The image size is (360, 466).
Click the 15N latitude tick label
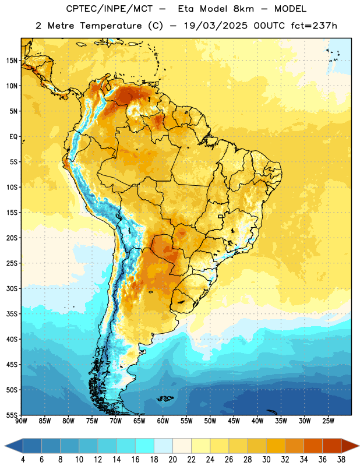12,61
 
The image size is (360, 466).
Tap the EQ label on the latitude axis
13,137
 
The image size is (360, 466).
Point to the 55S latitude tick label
12,415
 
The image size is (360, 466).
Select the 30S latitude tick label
12,288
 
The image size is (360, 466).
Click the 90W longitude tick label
21,421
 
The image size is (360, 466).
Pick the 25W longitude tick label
328,421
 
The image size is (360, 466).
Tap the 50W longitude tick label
210,421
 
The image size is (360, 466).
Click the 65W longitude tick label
139,421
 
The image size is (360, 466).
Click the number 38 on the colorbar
341,460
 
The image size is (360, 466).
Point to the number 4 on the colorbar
23,460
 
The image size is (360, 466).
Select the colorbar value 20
172,460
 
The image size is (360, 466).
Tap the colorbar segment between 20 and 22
182,446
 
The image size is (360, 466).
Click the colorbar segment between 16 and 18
144,446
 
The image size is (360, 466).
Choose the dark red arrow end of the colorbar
350,446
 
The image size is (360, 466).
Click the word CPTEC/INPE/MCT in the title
108,9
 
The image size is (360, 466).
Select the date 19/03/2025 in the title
216,26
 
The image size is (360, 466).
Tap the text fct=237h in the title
314,26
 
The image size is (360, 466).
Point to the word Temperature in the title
111,26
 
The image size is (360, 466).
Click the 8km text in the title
243,9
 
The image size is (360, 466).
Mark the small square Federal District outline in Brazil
221,216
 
